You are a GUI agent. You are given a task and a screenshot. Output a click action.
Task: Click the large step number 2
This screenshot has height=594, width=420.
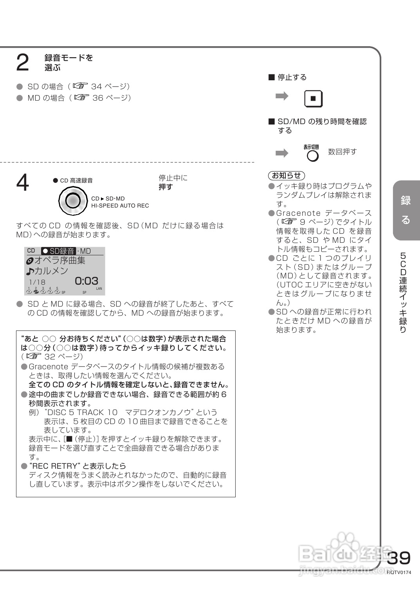point(23,63)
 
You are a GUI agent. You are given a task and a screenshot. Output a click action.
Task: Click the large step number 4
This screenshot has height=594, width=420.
point(23,182)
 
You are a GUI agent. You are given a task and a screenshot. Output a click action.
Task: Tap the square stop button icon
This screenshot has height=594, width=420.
point(313,99)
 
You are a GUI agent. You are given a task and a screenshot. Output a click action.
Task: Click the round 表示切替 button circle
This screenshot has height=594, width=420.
point(313,156)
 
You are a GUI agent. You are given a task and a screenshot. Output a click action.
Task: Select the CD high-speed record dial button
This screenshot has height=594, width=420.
point(73,201)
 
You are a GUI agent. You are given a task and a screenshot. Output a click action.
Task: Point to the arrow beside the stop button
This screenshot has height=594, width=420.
point(282,96)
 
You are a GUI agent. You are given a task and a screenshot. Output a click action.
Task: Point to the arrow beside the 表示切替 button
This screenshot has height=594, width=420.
point(282,153)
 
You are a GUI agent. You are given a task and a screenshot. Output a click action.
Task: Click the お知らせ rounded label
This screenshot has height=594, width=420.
point(287,175)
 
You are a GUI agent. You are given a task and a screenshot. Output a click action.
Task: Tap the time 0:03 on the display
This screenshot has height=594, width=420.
point(87,281)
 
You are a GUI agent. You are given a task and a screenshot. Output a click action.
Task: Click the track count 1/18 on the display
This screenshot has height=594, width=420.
point(37,282)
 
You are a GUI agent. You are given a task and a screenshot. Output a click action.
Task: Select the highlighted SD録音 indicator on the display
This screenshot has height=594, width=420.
point(58,251)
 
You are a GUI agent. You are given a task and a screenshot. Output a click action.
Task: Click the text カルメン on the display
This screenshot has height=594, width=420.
point(51,271)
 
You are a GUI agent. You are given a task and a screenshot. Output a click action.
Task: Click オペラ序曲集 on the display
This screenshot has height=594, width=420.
point(59,260)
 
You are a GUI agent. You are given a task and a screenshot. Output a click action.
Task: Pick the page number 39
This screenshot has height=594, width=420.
point(398,558)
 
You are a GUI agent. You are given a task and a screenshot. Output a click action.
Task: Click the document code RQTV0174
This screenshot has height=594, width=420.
point(399,572)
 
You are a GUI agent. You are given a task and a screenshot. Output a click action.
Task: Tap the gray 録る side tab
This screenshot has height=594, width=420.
point(406,210)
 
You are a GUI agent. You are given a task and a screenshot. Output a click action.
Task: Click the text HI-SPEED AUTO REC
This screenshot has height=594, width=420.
point(120,206)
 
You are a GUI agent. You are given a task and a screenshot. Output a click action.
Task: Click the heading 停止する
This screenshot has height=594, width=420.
point(292,77)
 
